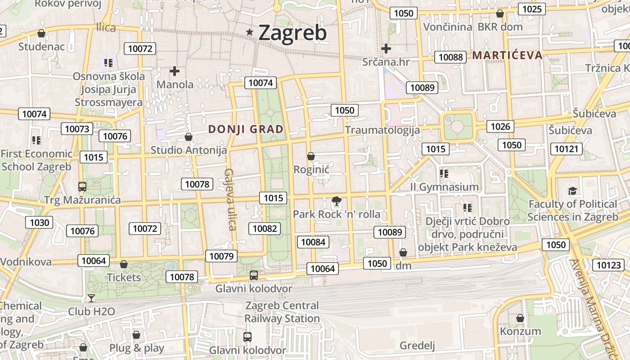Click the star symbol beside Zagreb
(x=250, y=32)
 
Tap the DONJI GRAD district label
(x=246, y=130)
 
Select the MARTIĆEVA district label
(x=507, y=55)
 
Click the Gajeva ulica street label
(x=230, y=199)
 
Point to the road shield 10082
(x=265, y=229)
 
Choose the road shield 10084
(x=313, y=242)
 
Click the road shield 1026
(x=500, y=126)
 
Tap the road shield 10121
(x=566, y=149)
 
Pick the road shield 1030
(x=40, y=222)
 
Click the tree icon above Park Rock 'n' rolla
(x=336, y=201)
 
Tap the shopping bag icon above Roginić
(x=310, y=157)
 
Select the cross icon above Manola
(x=175, y=71)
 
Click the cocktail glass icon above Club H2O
(x=91, y=298)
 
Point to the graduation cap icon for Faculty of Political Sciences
(x=572, y=191)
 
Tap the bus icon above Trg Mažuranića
(x=82, y=186)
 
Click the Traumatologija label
(x=382, y=130)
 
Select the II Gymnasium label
(x=444, y=187)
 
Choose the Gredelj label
(x=417, y=346)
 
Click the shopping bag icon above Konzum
(x=520, y=318)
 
